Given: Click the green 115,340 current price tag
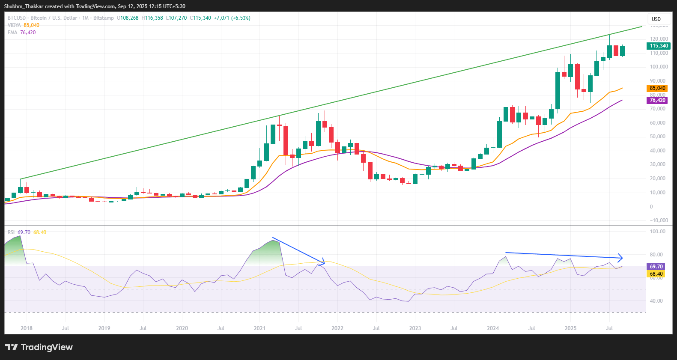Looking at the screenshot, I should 658,46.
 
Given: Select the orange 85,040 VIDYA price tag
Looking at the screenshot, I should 657,88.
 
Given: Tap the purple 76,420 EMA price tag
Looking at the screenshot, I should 657,100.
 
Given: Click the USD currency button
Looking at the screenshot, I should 656,19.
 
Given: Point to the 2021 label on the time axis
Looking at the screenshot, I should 259,328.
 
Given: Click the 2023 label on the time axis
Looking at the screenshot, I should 415,328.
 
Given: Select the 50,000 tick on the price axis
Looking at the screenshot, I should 658,137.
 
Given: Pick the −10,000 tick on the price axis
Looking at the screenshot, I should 658,220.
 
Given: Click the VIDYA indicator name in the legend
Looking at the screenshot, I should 14,25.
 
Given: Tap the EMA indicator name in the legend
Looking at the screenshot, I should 12,33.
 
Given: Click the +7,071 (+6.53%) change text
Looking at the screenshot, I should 232,18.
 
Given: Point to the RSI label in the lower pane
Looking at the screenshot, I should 11,232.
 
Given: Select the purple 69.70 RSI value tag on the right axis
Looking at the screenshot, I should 656,266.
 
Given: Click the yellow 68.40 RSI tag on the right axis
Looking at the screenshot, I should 656,274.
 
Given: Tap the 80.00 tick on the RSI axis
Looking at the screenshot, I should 657,255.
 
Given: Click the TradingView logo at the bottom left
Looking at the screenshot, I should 39,347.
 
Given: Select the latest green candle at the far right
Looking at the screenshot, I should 622,51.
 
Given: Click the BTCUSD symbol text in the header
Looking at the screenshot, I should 17,18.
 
